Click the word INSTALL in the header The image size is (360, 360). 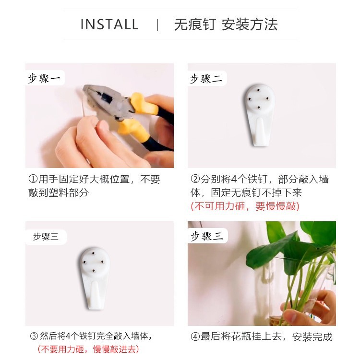click(x=109, y=24)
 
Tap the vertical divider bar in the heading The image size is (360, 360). click(x=157, y=25)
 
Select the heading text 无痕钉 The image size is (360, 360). click(x=195, y=24)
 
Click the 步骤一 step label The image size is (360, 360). click(x=45, y=78)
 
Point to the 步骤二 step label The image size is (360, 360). click(x=206, y=79)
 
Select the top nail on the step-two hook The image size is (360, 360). click(x=259, y=90)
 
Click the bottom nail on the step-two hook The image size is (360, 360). click(x=259, y=107)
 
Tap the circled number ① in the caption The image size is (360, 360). click(x=33, y=179)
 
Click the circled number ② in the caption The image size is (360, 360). click(x=195, y=179)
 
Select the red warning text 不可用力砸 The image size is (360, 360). click(x=219, y=206)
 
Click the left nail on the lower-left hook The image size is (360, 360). click(x=84, y=262)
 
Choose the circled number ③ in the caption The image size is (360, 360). click(x=34, y=336)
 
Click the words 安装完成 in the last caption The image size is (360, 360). click(x=312, y=337)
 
